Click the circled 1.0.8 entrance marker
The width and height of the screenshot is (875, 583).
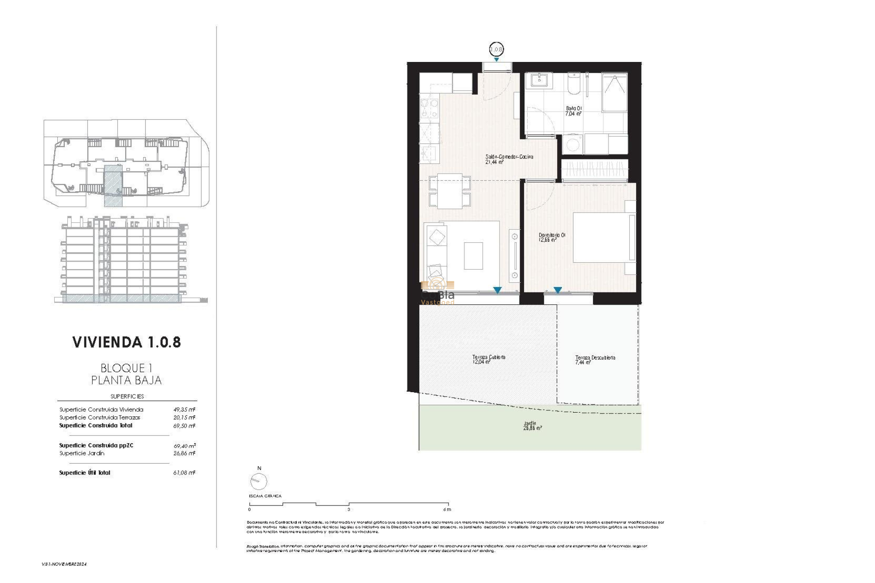pyautogui.click(x=496, y=49)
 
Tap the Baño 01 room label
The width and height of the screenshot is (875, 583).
pyautogui.click(x=574, y=111)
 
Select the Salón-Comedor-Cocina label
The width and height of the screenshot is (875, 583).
pyautogui.click(x=509, y=159)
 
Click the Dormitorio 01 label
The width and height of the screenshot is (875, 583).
pyautogui.click(x=552, y=237)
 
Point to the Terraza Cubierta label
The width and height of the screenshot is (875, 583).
pyautogui.click(x=489, y=359)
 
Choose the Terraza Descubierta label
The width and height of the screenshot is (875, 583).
pyautogui.click(x=595, y=360)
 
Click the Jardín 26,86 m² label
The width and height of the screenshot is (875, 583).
pyautogui.click(x=532, y=425)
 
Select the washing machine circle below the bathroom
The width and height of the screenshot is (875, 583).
pyautogui.click(x=572, y=145)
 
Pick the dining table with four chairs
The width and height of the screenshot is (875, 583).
pyautogui.click(x=449, y=191)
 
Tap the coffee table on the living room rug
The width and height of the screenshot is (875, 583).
pyautogui.click(x=473, y=256)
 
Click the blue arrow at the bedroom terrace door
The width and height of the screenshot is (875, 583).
pyautogui.click(x=557, y=290)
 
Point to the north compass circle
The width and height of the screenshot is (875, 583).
pyautogui.click(x=258, y=481)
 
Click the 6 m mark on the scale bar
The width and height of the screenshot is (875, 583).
pyautogui.click(x=447, y=509)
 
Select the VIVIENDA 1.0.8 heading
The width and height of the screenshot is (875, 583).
pyautogui.click(x=127, y=343)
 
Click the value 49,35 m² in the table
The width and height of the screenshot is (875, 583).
pyautogui.click(x=184, y=409)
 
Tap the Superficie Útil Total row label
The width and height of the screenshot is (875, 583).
pyautogui.click(x=85, y=473)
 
